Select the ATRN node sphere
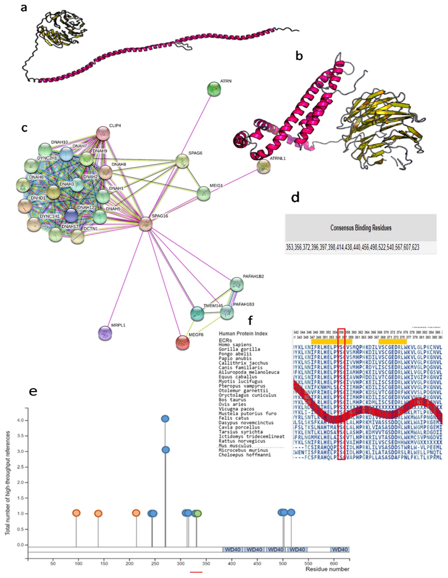pyautogui.click(x=214, y=89)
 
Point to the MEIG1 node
pyautogui.click(x=203, y=193)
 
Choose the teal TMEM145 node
pyautogui.click(x=197, y=313)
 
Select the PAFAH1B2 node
pyautogui.click(x=237, y=284)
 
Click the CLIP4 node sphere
pyautogui.click(x=103, y=133)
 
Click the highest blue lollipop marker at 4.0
pyautogui.click(x=165, y=418)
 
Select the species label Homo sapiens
pyautogui.click(x=235, y=345)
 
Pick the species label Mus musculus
pyautogui.click(x=235, y=445)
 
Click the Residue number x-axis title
pyautogui.click(x=327, y=569)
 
